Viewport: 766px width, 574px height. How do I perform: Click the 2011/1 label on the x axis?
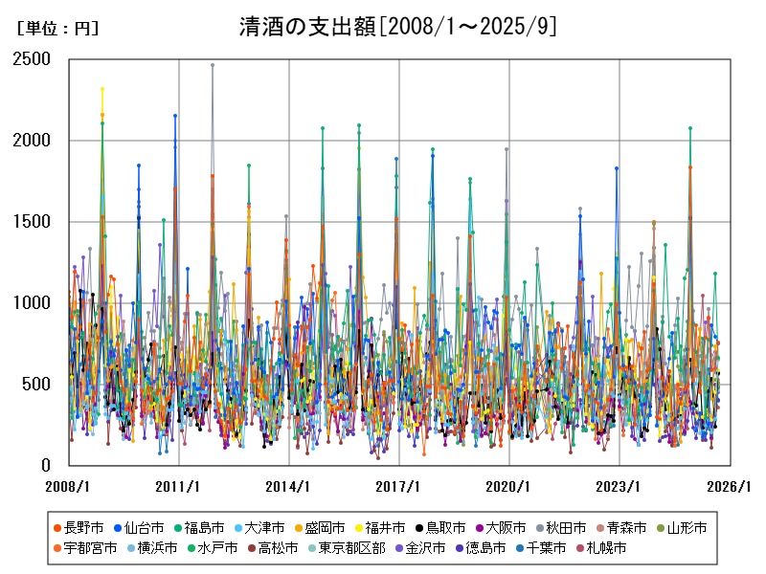179,486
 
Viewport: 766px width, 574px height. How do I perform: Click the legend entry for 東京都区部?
350,548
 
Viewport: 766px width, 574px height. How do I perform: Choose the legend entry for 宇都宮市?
90,548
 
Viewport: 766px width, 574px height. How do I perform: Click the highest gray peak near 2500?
213,65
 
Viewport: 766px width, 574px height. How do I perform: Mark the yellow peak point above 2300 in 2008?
102,89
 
